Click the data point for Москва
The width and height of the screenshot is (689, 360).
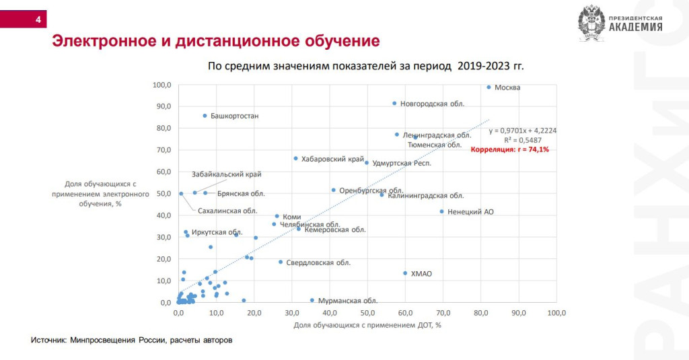coord(489,87)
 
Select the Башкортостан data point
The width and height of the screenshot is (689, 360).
coord(205,116)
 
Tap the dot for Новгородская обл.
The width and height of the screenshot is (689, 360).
coord(394,104)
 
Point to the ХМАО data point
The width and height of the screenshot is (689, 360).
coord(405,273)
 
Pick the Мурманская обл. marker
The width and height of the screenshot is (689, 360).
coord(312,300)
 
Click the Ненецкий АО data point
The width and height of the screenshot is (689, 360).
coord(442,211)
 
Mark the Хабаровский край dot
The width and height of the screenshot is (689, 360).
coord(295,158)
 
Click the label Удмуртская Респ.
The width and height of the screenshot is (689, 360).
coord(402,164)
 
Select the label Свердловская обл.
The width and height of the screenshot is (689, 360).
coord(318,262)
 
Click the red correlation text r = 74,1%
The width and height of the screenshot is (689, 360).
coord(510,149)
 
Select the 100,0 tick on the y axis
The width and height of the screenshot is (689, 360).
coord(161,85)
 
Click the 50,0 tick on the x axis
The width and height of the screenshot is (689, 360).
coord(367,313)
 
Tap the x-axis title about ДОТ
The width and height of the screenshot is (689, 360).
coord(367,326)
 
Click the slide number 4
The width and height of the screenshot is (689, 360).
coord(38,20)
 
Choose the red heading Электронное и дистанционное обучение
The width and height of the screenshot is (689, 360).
coord(216,41)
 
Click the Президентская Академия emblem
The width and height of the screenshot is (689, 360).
coord(592,23)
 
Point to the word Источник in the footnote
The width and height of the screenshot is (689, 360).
coord(48,340)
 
